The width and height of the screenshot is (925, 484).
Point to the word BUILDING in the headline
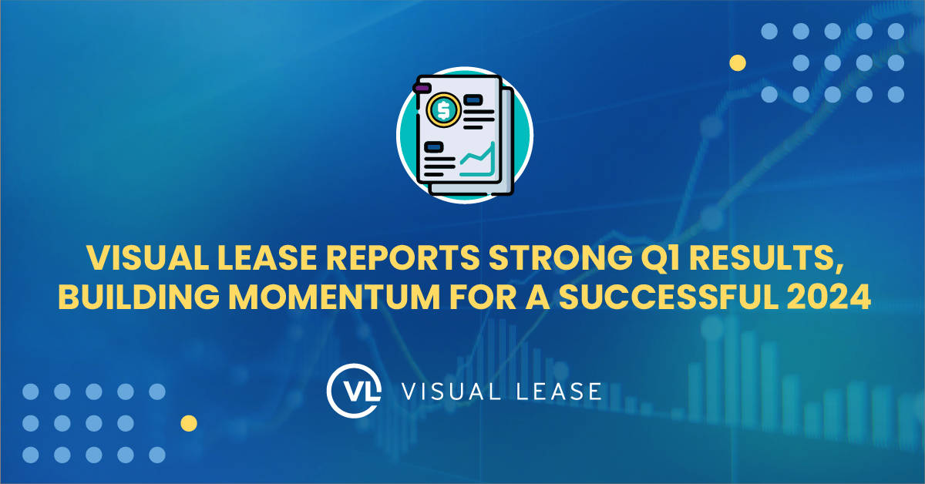coord(139,297)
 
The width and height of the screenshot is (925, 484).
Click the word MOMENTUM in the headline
coord(334,297)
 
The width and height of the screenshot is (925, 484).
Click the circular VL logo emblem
coord(353,391)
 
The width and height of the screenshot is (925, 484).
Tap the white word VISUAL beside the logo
coord(452,391)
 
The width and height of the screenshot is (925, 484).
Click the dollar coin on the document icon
coord(443,109)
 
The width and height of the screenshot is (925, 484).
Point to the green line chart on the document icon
coord(477,160)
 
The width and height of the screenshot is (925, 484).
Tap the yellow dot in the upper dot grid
coord(738,63)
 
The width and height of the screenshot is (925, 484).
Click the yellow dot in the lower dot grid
coord(189,423)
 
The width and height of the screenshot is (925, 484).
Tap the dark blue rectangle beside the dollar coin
coord(473,100)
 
